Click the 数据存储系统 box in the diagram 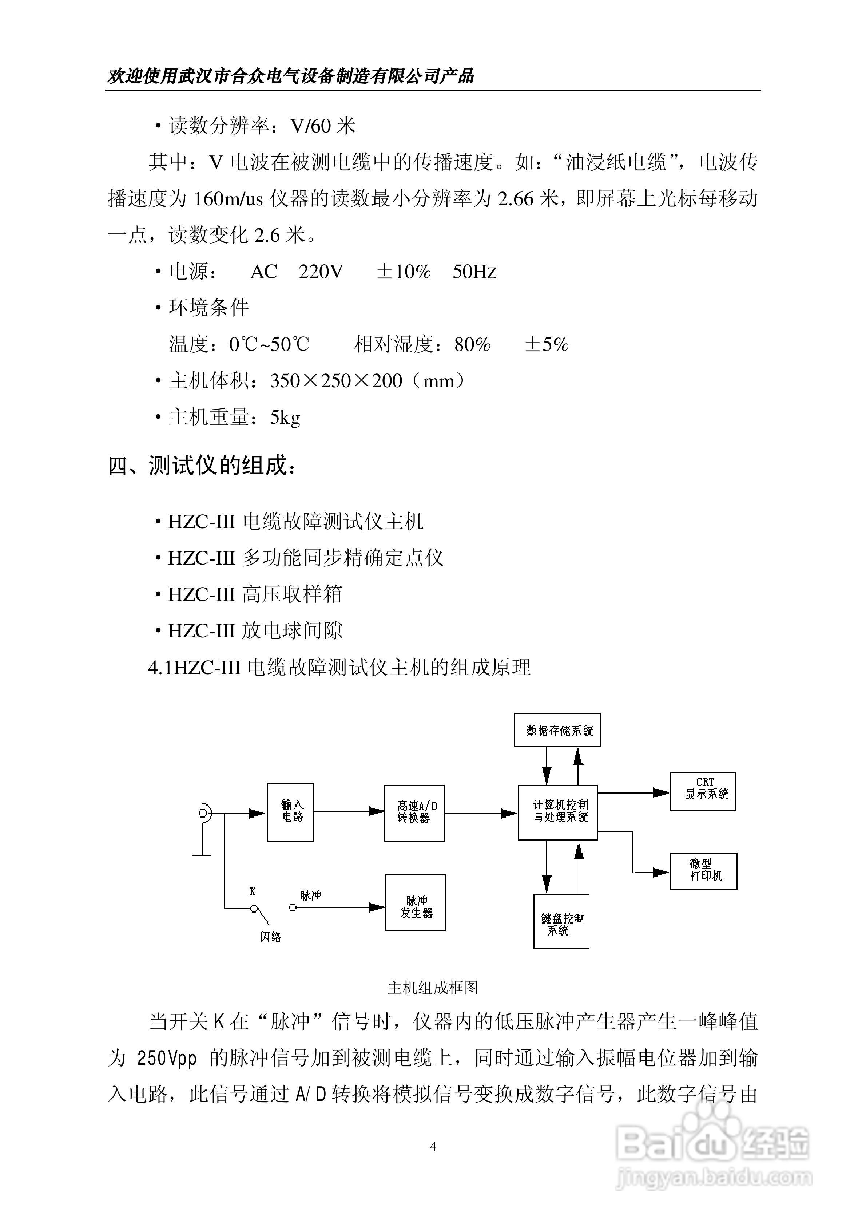[557, 729]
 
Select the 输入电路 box [290, 812]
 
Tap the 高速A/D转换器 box [414, 813]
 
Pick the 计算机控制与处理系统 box [557, 812]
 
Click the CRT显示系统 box [703, 791]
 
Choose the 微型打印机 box [703, 871]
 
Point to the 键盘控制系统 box [561, 921]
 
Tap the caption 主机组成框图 [433, 988]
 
